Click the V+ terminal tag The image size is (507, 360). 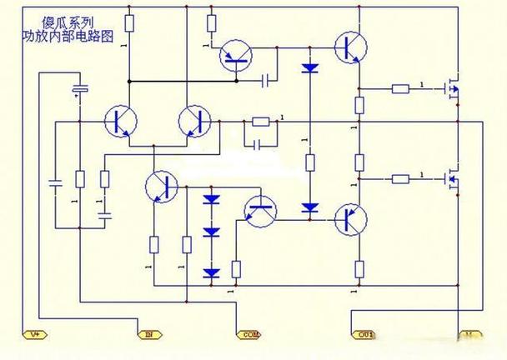click(x=36, y=334)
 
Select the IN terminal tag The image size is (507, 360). click(x=149, y=334)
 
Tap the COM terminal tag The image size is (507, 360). click(x=248, y=334)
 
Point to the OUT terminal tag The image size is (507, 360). click(x=364, y=334)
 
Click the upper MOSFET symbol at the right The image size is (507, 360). click(x=452, y=87)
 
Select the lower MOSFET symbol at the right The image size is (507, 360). click(x=452, y=177)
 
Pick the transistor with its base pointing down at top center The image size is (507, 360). click(x=237, y=57)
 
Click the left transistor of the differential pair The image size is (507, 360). click(x=120, y=122)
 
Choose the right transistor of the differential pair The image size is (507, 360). click(x=196, y=122)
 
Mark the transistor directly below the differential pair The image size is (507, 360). click(x=159, y=185)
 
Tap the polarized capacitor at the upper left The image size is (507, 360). click(x=80, y=89)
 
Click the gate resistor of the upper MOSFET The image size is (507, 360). click(x=400, y=87)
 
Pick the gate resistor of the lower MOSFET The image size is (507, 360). click(x=400, y=177)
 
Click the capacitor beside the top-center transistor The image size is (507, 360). click(x=266, y=81)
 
